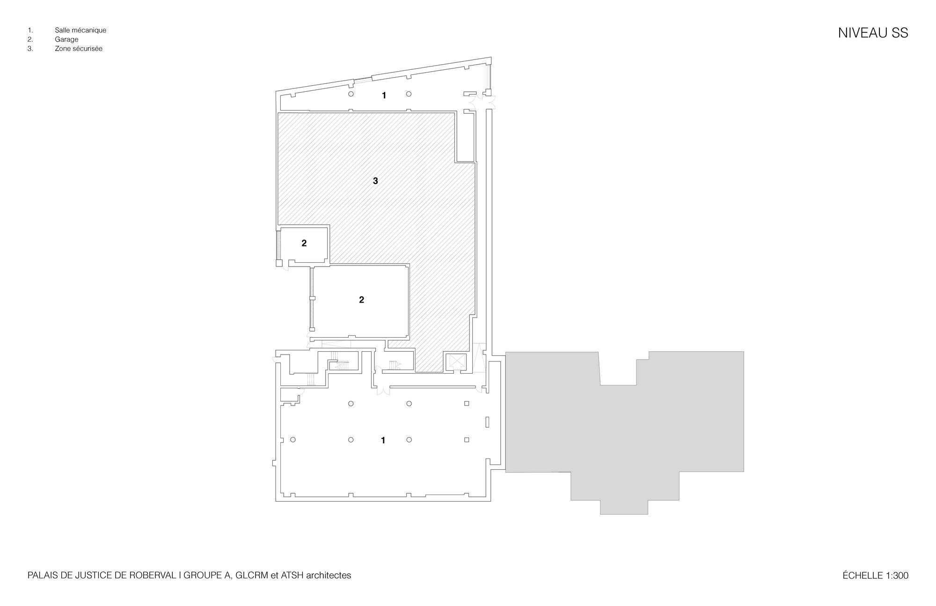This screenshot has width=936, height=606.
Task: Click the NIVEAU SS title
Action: [873, 33]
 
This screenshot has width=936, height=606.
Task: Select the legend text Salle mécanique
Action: [80, 30]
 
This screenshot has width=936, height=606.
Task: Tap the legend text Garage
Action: [66, 39]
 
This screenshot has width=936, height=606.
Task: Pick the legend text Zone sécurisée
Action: [79, 48]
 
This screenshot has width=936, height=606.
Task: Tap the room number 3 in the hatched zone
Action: [375, 181]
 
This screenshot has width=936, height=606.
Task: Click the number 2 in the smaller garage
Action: [304, 243]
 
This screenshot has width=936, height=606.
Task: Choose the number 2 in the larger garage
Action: [361, 300]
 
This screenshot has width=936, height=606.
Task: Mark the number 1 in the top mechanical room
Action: [384, 96]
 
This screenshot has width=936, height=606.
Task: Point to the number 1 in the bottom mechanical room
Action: [383, 440]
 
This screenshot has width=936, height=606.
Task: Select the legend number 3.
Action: [30, 48]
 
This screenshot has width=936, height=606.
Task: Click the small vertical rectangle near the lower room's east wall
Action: [487, 422]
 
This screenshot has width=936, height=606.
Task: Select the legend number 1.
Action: [30, 30]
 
